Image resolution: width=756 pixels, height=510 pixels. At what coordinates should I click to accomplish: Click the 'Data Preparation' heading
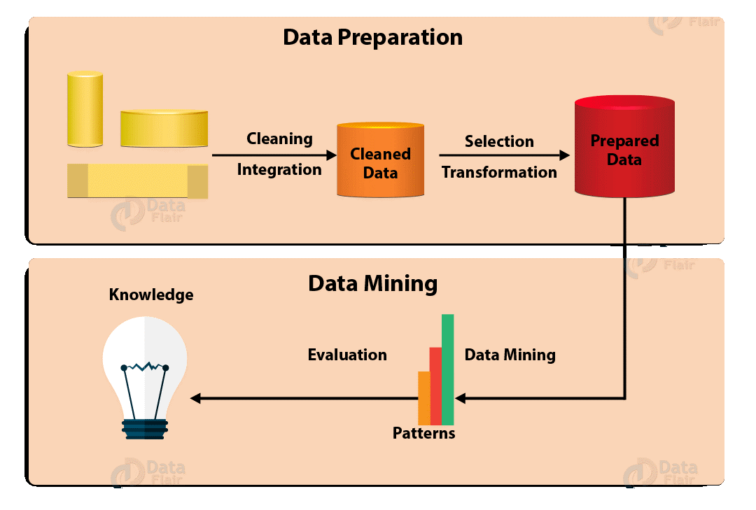click(372, 38)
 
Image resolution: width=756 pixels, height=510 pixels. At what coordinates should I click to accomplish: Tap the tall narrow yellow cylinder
click(85, 109)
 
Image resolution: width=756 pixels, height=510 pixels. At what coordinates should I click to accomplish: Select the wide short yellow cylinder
click(164, 128)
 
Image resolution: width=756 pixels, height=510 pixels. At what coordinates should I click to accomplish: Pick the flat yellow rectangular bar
click(138, 180)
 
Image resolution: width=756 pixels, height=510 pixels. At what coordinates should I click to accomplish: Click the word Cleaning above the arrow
click(279, 139)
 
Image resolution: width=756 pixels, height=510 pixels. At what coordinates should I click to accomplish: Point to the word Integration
click(279, 170)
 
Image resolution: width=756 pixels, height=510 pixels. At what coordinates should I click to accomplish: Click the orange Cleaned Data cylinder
click(380, 160)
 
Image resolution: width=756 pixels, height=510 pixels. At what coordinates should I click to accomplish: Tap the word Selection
click(499, 141)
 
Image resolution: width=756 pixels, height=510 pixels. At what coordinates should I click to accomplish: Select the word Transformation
click(499, 172)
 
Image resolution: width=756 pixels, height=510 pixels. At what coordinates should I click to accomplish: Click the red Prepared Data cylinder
click(624, 146)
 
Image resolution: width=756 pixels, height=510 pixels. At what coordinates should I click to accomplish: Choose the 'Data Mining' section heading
click(372, 283)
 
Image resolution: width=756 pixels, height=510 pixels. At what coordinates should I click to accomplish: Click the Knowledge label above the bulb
click(151, 295)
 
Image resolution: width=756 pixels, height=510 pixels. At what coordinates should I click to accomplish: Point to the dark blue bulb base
click(145, 429)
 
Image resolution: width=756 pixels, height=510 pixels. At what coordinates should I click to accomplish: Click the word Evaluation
click(347, 355)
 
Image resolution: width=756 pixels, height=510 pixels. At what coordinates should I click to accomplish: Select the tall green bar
click(447, 369)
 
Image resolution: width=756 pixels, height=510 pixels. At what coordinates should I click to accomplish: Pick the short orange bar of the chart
click(423, 398)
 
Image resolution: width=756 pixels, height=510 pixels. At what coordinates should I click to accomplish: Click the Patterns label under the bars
click(423, 433)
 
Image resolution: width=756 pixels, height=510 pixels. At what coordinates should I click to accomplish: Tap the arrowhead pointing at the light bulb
click(195, 398)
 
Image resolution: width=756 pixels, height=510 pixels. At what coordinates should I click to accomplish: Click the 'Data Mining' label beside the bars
click(510, 355)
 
